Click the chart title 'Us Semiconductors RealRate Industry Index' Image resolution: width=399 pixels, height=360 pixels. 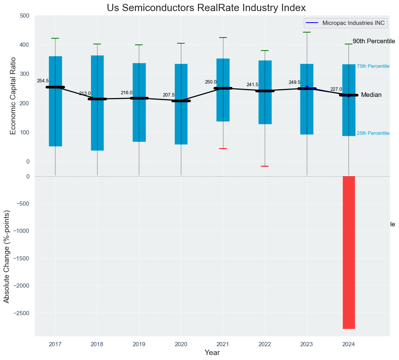(x=206, y=8)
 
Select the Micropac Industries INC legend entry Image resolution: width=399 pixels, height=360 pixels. (x=345, y=23)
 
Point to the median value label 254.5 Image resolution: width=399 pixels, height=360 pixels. (x=43, y=81)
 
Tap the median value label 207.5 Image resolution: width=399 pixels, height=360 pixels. (x=169, y=95)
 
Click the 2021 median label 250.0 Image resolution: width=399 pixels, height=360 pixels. (x=210, y=82)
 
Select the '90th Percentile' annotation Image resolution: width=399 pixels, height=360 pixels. (x=373, y=41)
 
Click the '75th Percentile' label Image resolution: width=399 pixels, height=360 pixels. (x=373, y=66)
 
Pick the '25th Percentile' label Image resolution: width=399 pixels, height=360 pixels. (x=373, y=133)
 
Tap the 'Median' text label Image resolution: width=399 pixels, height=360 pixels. (x=371, y=95)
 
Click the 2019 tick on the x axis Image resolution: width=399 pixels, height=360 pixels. (x=139, y=344)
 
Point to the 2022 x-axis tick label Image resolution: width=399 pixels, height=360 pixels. (x=265, y=344)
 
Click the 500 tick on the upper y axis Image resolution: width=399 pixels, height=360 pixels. (x=24, y=16)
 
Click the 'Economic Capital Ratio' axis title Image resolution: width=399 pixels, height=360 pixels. (x=13, y=96)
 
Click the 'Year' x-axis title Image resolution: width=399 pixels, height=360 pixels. (x=212, y=353)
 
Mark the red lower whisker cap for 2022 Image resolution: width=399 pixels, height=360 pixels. (x=265, y=166)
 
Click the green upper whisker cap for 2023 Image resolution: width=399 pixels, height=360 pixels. (x=307, y=33)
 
